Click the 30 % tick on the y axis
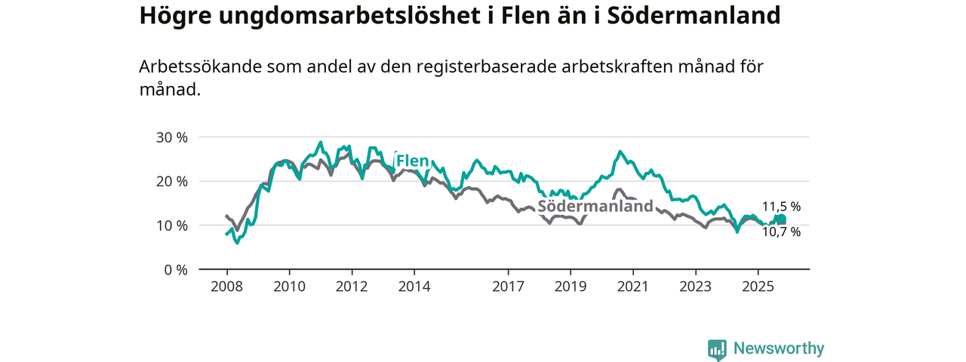coord(171,137)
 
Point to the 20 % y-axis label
coord(171,181)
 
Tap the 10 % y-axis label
coord(171,225)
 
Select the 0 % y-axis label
coord(175,269)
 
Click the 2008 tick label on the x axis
coord(226,287)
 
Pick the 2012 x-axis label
coord(352,287)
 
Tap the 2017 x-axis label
coord(508,287)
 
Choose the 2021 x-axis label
coord(632,287)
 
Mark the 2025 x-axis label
coord(758,287)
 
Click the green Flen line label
coord(413,161)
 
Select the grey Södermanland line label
coord(595,207)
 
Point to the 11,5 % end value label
coord(781,206)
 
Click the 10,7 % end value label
coord(781,232)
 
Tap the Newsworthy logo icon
coord(717,349)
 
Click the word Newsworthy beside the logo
coord(779,348)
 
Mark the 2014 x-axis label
coord(414,287)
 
